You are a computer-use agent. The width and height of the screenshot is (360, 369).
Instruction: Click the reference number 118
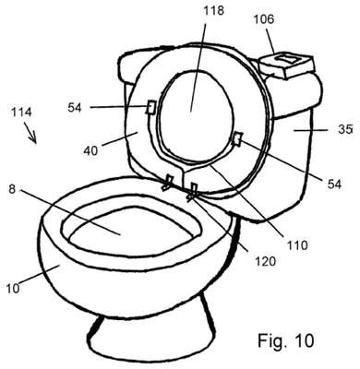click(214, 11)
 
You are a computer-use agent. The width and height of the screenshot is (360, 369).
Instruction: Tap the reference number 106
click(264, 19)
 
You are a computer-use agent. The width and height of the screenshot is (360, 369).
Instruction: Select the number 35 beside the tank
click(344, 130)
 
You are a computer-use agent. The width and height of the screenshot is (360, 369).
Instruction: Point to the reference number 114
click(21, 112)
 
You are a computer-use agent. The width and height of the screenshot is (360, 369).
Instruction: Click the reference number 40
click(90, 150)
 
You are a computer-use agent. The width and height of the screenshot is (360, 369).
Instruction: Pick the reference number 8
click(12, 189)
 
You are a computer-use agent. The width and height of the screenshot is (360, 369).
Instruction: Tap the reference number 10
click(13, 289)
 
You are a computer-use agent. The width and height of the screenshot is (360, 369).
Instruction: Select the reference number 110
click(296, 245)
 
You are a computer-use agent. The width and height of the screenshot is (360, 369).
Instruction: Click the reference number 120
click(265, 261)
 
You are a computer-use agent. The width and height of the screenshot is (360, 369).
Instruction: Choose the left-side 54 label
click(75, 108)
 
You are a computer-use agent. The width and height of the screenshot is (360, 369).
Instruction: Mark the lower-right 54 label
click(334, 184)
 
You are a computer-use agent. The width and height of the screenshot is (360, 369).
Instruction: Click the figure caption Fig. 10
click(286, 340)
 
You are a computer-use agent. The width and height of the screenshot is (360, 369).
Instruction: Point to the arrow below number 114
click(31, 134)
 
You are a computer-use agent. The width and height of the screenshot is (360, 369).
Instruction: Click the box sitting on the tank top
click(286, 65)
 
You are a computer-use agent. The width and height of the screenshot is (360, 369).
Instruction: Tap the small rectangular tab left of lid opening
click(150, 107)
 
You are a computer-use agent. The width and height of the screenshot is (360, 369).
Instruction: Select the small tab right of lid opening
click(238, 138)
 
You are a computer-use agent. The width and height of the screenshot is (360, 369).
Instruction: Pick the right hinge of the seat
click(193, 190)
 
